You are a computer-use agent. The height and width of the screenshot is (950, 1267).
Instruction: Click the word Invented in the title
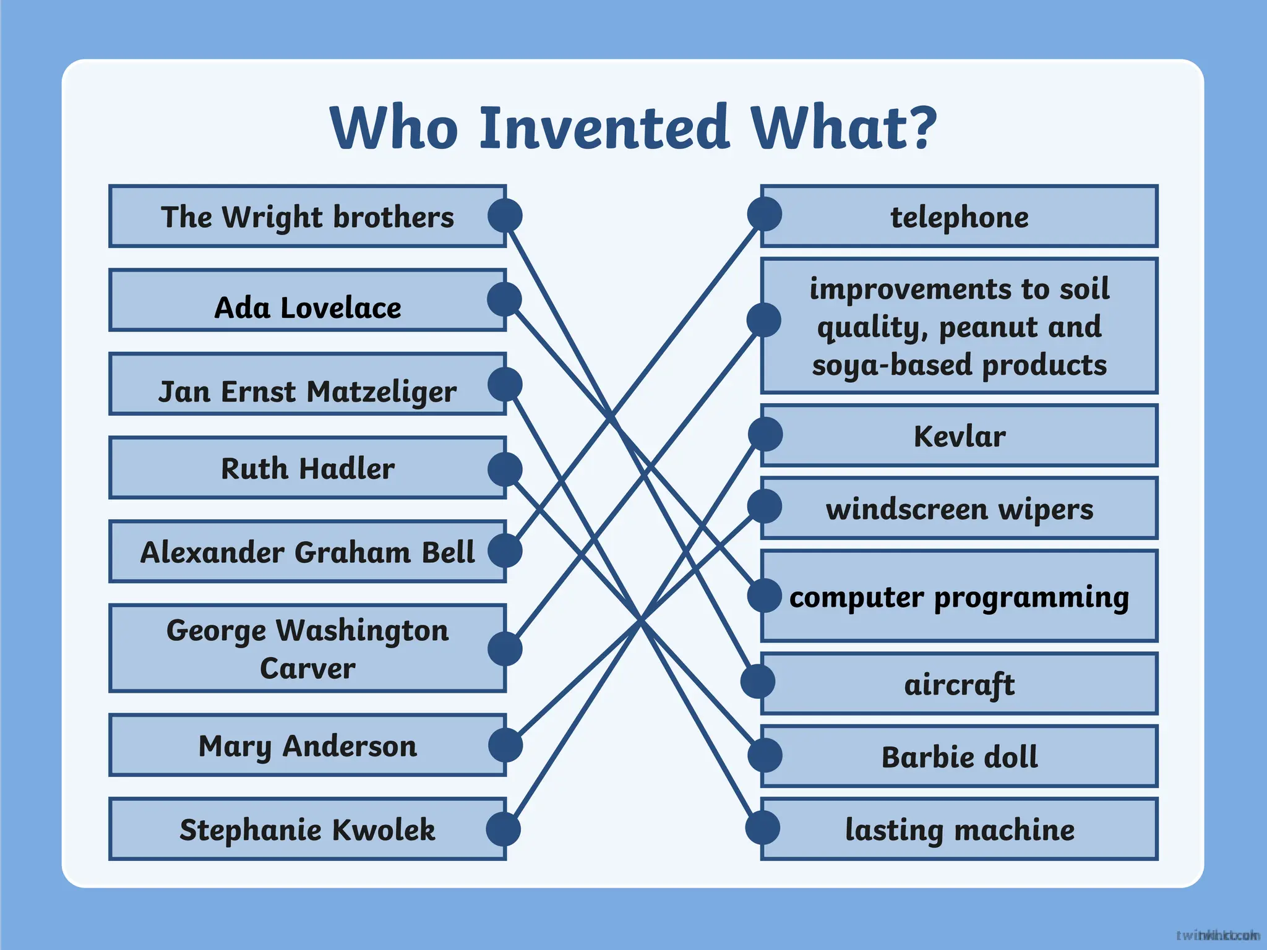pyautogui.click(x=604, y=128)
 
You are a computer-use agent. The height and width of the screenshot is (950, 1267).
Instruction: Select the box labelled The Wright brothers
pyautogui.click(x=307, y=216)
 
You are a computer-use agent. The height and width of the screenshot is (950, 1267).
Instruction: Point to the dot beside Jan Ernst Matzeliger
pyautogui.click(x=505, y=384)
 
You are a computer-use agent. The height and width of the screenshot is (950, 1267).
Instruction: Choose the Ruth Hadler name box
pyautogui.click(x=307, y=468)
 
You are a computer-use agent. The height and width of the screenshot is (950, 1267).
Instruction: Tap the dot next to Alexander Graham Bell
pyautogui.click(x=505, y=550)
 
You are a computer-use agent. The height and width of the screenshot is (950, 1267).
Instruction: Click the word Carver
pyautogui.click(x=307, y=669)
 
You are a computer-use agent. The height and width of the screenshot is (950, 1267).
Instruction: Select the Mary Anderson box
pyautogui.click(x=307, y=746)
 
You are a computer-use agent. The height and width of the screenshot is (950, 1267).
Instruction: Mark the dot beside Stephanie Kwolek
pyautogui.click(x=503, y=829)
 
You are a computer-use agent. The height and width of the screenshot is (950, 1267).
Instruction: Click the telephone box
pyautogui.click(x=960, y=217)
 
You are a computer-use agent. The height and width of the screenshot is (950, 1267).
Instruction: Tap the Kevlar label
pyautogui.click(x=960, y=436)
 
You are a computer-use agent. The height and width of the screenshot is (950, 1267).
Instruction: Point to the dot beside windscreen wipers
pyautogui.click(x=765, y=507)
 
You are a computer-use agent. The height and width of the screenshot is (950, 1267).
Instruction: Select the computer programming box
pyautogui.click(x=960, y=597)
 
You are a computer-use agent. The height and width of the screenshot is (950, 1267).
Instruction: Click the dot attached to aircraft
pyautogui.click(x=758, y=682)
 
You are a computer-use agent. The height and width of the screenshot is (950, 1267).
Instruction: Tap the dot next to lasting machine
pyautogui.click(x=762, y=828)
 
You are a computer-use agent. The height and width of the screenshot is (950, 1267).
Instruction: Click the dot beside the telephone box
pyautogui.click(x=764, y=214)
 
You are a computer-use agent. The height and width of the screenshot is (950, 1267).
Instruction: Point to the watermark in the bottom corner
pyautogui.click(x=1218, y=935)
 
